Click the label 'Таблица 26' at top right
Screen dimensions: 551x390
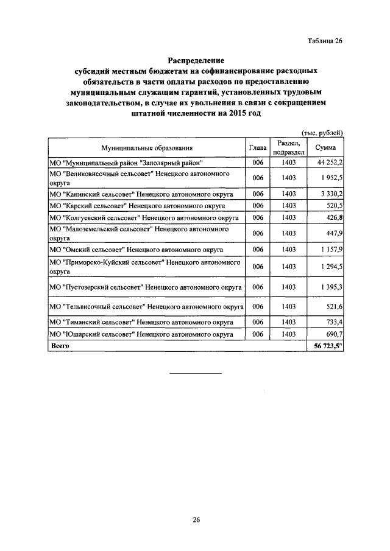point(324,41)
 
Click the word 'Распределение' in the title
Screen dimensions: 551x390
point(196,61)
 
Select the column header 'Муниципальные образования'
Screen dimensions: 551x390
point(147,147)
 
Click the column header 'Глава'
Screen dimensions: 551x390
point(258,147)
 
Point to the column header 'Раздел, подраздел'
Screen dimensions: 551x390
point(288,147)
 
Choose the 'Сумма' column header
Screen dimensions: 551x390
point(325,147)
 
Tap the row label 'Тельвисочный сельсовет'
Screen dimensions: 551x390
point(146,306)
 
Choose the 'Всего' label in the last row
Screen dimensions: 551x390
point(60,345)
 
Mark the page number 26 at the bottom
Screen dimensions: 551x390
point(196,519)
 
